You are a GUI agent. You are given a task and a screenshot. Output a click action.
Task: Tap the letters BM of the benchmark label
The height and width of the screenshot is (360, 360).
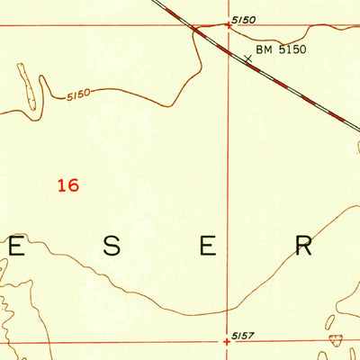coord(264,50)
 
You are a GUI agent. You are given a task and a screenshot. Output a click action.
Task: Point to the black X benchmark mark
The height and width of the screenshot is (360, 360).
coord(247,58)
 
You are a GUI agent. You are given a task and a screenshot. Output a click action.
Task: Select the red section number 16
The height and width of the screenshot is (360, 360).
coord(67,185)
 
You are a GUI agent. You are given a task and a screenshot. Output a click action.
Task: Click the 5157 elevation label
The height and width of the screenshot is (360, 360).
coord(244,335)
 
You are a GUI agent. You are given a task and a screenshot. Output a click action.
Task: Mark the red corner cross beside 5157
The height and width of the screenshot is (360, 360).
coord(228,341)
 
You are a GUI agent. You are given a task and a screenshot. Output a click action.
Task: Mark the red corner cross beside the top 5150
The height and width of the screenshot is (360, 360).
coord(228,25)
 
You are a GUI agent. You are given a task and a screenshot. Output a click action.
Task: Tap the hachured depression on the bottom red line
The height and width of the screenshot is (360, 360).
coord(336,340)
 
